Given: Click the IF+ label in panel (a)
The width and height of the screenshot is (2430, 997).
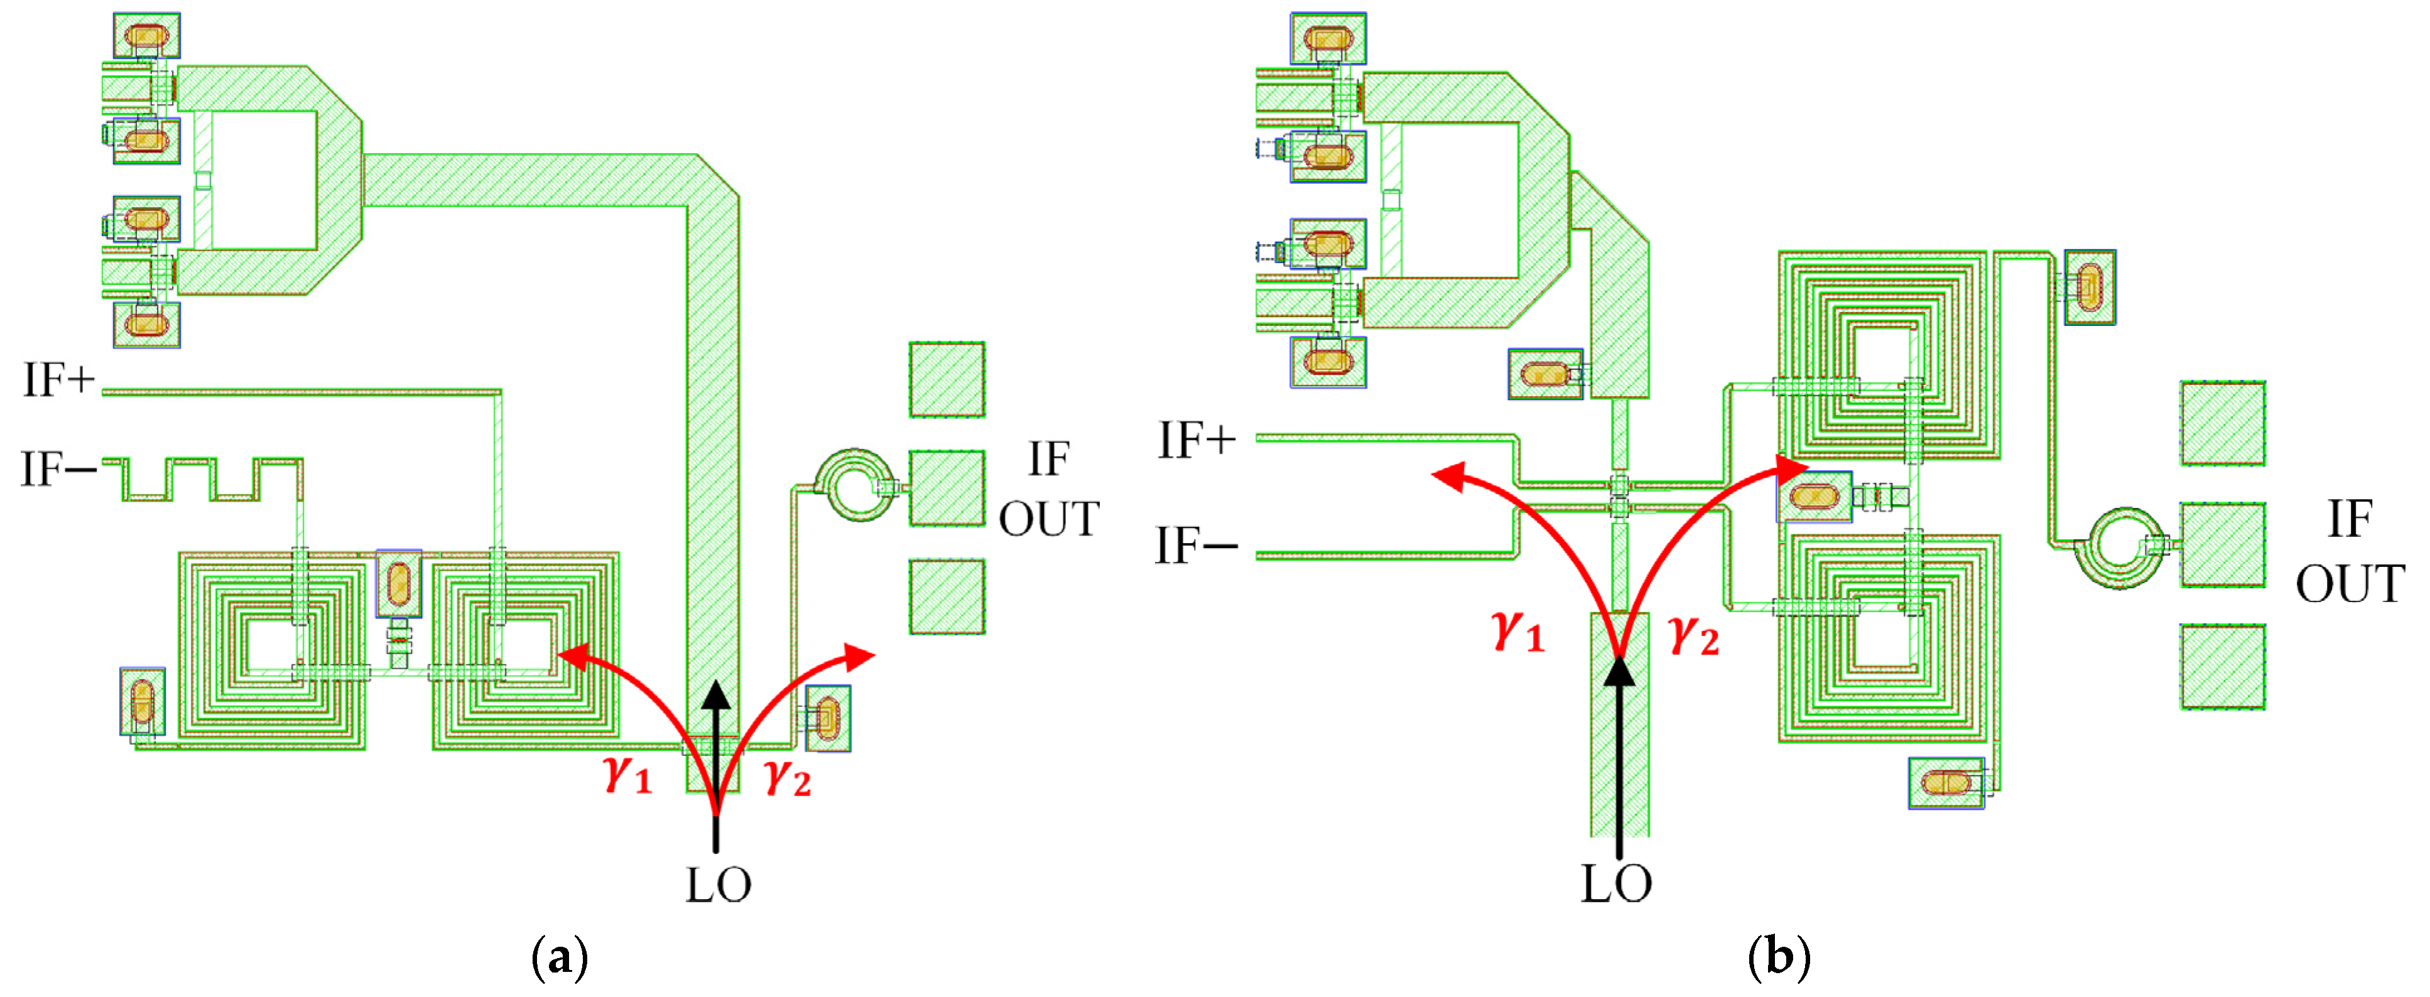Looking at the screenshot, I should [58, 380].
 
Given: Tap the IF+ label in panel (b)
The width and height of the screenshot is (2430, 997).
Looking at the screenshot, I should [1196, 441].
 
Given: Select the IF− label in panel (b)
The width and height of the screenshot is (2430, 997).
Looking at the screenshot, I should [1196, 546].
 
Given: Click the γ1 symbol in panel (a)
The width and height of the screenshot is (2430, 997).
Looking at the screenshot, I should [628, 773].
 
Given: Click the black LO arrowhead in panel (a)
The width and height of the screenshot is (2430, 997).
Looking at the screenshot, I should [716, 696].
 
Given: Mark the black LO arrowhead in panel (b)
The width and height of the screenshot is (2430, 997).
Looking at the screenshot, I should [1619, 670].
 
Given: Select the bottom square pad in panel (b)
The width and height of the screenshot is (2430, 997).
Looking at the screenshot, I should [2223, 667].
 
